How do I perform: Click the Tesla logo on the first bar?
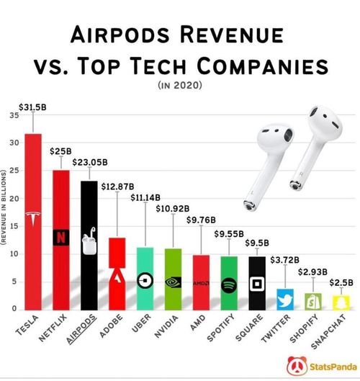coord(33,218)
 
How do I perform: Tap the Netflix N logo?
coord(61,238)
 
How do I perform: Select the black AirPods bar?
coord(89,246)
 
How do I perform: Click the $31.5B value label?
coord(32,107)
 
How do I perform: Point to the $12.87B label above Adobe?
coord(117,187)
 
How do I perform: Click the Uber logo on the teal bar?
coord(145,280)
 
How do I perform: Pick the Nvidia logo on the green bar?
coord(174,282)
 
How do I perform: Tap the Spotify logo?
coord(229,285)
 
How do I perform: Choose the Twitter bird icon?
coord(285,300)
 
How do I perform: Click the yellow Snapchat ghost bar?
coord(341,302)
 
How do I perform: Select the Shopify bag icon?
coord(313,302)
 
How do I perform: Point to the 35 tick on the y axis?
coord(14,115)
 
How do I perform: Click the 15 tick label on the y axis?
coord(14,226)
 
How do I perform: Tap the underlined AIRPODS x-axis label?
coord(81,328)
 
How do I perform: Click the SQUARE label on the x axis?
coord(249,327)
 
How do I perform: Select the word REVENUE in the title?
coord(232,35)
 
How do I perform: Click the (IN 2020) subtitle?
coord(180,85)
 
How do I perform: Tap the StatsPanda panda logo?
coord(297,366)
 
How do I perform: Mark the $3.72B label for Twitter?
coord(284,260)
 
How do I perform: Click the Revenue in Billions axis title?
coord(4,207)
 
